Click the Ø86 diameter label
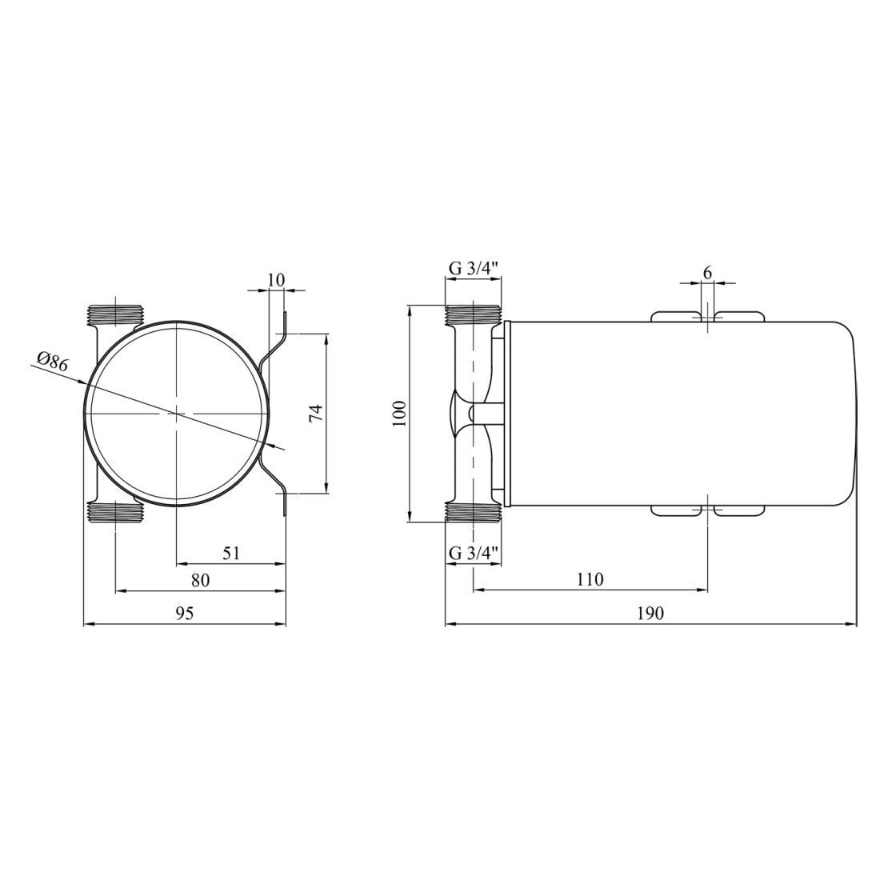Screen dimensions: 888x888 coord(53,362)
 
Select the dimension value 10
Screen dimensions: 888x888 coord(276,279)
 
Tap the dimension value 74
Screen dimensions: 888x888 coord(317,413)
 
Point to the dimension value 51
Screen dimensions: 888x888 coord(232,553)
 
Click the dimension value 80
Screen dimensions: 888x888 coord(201,580)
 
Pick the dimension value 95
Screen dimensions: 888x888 coord(185,614)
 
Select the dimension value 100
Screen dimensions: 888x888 coord(399,414)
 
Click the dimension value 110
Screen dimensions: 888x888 coord(590,579)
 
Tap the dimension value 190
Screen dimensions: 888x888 coord(650,614)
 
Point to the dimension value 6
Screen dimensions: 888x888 coord(707,273)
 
